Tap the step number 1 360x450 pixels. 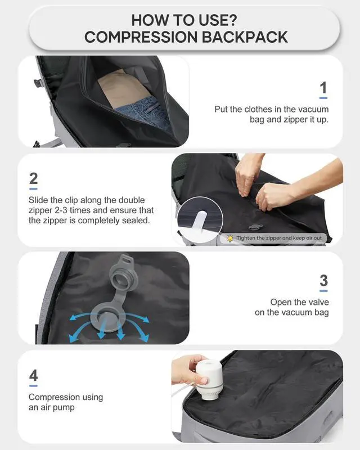pyautogui.click(x=323, y=88)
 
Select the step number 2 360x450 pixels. pyautogui.click(x=34, y=179)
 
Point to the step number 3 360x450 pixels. pyautogui.click(x=323, y=280)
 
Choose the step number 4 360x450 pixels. pyautogui.click(x=33, y=375)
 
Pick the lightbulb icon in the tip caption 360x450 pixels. pyautogui.click(x=230, y=238)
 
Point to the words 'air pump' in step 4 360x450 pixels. pyautogui.click(x=60, y=408)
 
